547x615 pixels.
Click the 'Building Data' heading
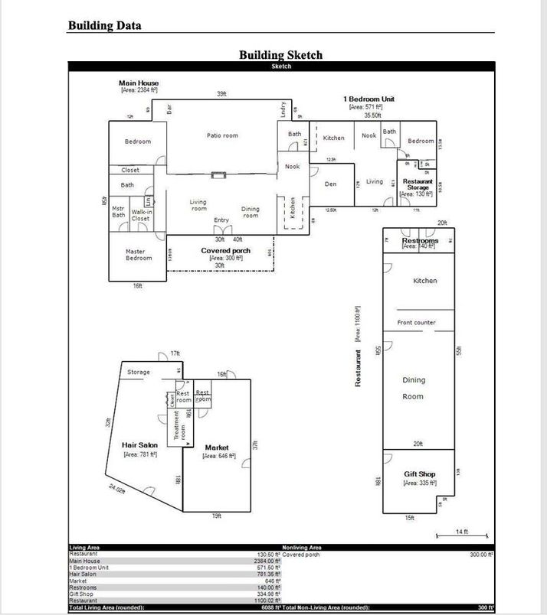click(x=104, y=25)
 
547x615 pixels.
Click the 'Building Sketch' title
click(x=280, y=54)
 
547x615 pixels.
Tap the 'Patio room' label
click(x=222, y=135)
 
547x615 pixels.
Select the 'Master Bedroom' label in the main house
click(x=139, y=255)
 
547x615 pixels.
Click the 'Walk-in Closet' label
click(x=140, y=215)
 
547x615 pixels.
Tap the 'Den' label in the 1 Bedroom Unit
click(x=330, y=184)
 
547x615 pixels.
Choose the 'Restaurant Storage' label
click(x=418, y=184)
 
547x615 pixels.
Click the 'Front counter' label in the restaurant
click(x=416, y=322)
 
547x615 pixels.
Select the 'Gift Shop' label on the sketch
click(x=419, y=474)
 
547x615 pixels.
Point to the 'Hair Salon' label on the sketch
click(x=139, y=444)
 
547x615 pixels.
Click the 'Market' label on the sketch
click(x=217, y=447)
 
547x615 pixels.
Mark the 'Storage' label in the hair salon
click(x=139, y=373)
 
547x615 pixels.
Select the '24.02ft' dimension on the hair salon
click(x=117, y=490)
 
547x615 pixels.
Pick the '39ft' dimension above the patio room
click(x=221, y=94)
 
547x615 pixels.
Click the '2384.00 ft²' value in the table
click(x=265, y=561)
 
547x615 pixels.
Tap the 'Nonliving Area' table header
click(x=302, y=547)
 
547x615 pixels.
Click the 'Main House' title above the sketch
click(x=139, y=83)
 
